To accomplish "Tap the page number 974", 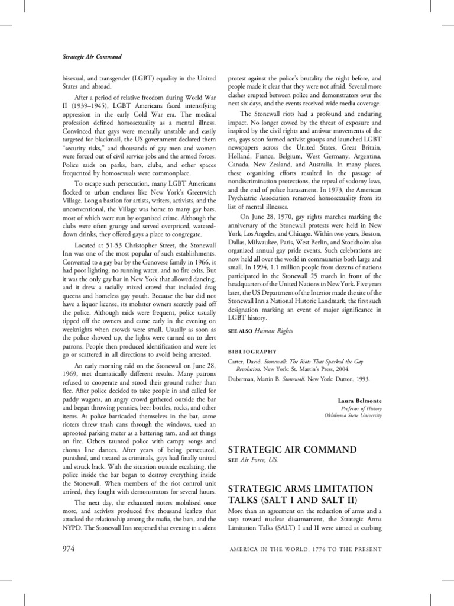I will (71, 549).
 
